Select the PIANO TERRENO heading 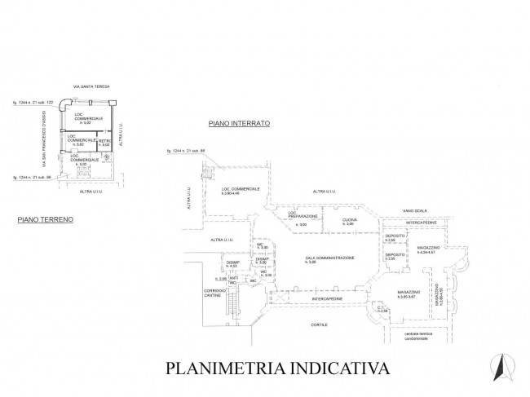(46, 219)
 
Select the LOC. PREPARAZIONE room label (303, 218)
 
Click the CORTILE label (319, 324)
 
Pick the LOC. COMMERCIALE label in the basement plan (241, 191)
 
